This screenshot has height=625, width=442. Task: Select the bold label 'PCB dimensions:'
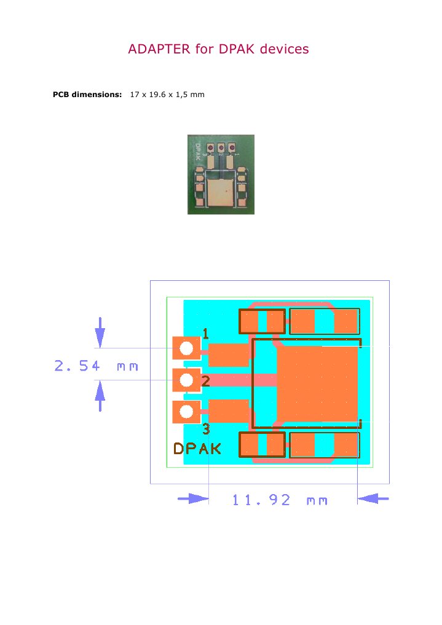[88, 95]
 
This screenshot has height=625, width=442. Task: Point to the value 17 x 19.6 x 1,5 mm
[167, 95]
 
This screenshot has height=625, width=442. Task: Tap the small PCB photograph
[221, 175]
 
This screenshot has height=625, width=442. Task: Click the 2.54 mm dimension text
[96, 367]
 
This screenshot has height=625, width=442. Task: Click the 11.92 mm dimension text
[280, 500]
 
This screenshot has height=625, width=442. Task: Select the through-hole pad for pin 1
[186, 348]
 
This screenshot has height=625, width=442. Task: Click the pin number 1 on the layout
[205, 334]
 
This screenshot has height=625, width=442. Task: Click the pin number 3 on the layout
[206, 429]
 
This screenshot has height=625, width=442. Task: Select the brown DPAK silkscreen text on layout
[197, 449]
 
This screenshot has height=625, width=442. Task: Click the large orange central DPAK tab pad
[318, 382]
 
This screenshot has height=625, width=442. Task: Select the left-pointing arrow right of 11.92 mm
[373, 500]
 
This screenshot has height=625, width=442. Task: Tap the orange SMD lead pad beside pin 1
[229, 355]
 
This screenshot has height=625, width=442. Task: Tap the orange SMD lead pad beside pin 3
[229, 411]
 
